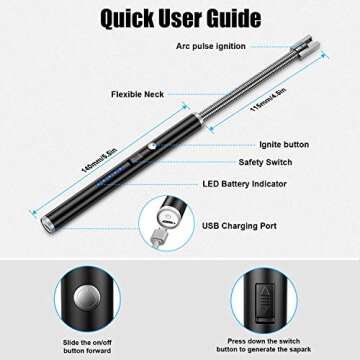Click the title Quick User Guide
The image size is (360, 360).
[180, 19]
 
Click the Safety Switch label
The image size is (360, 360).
[265, 162]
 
